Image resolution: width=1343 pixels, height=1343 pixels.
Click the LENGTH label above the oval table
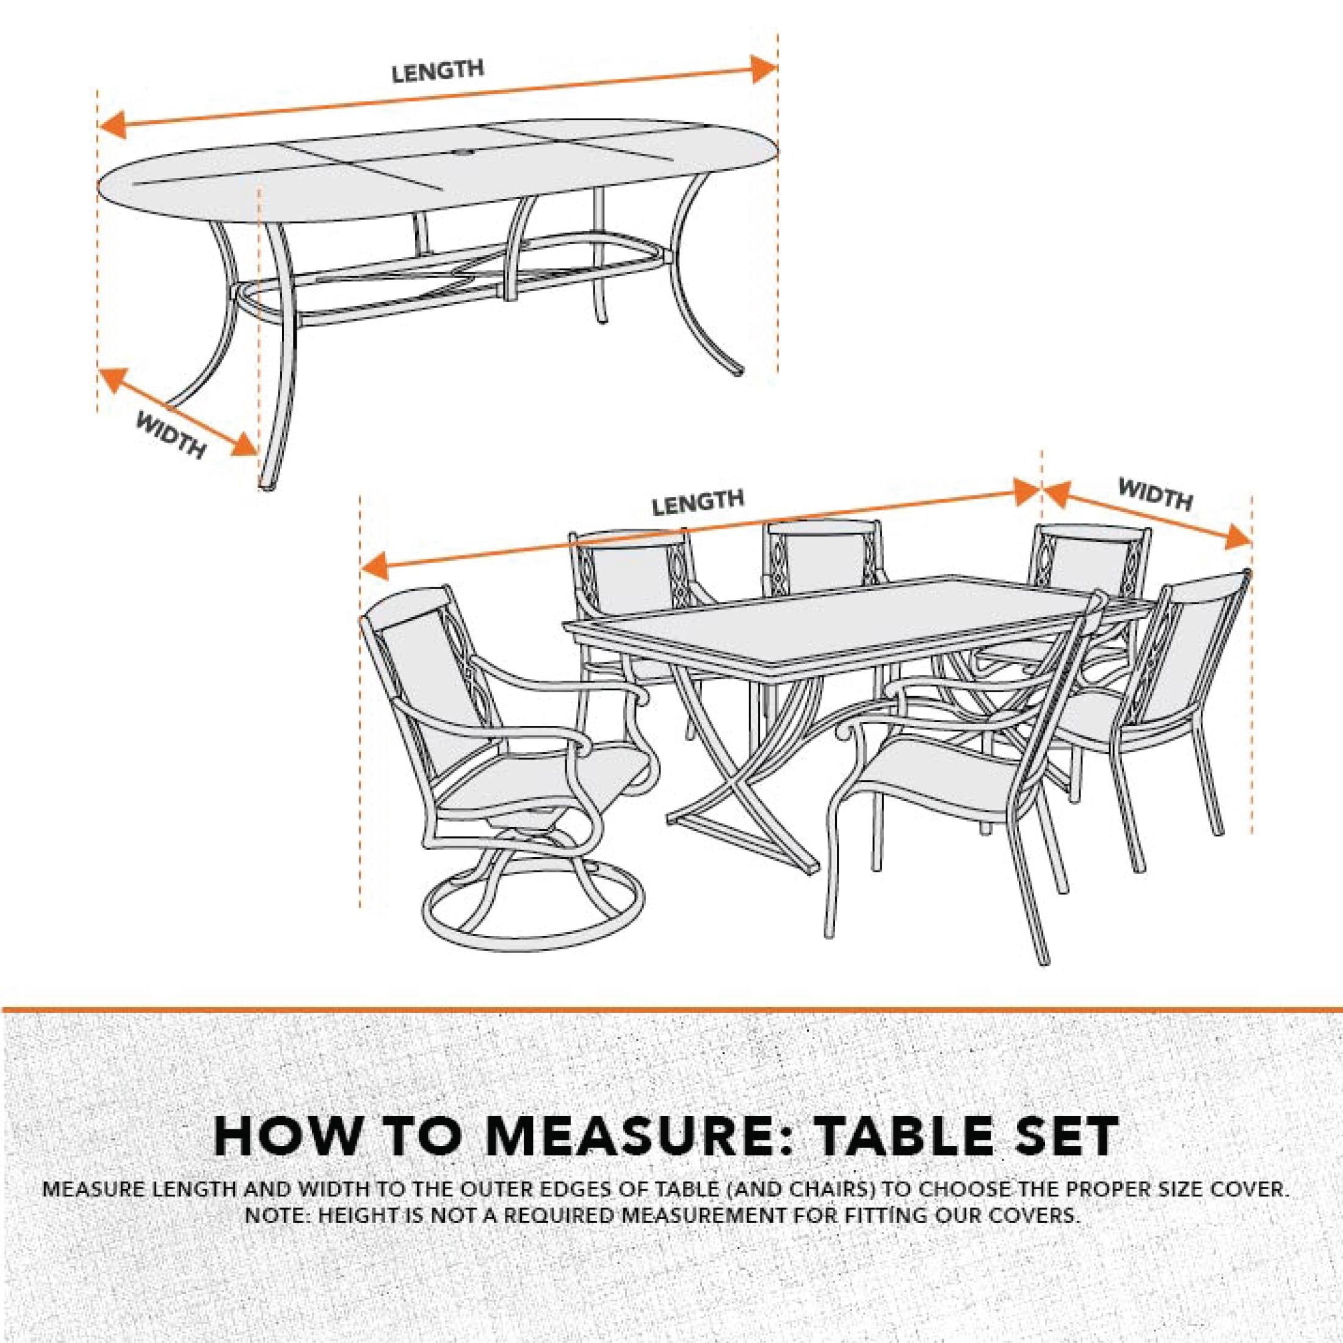click(x=437, y=71)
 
